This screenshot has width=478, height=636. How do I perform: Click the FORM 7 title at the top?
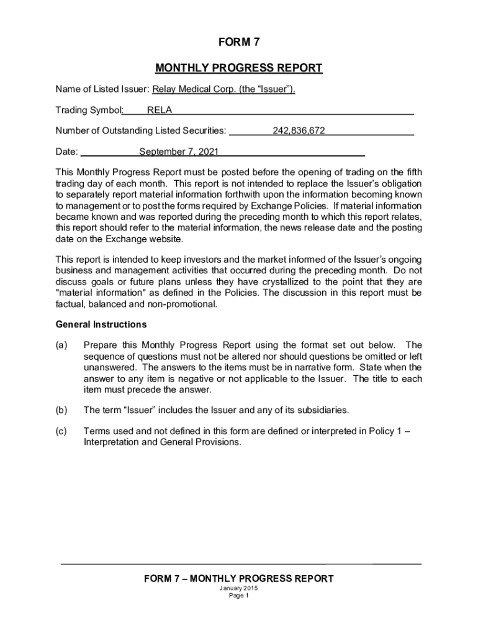[238, 43]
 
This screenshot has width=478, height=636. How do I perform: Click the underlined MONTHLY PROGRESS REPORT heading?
[238, 68]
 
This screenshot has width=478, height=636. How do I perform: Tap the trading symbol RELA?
[160, 111]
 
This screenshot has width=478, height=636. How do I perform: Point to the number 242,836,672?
[299, 131]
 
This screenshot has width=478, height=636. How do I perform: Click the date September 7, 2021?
[179, 152]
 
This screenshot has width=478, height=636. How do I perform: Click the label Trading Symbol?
[89, 111]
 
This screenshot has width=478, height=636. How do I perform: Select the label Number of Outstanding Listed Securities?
[140, 131]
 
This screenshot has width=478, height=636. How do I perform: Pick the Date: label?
[67, 152]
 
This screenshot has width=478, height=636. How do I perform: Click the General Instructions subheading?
[101, 324]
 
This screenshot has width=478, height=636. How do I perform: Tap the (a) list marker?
[61, 345]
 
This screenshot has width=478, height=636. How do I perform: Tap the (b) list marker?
[61, 410]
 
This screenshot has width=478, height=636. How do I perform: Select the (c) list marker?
[61, 432]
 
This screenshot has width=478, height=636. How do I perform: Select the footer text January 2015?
[238, 588]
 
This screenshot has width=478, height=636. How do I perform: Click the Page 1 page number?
[238, 596]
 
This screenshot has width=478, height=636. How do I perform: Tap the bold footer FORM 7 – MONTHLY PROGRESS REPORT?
[238, 578]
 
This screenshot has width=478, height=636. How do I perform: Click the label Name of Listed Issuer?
[97, 89]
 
